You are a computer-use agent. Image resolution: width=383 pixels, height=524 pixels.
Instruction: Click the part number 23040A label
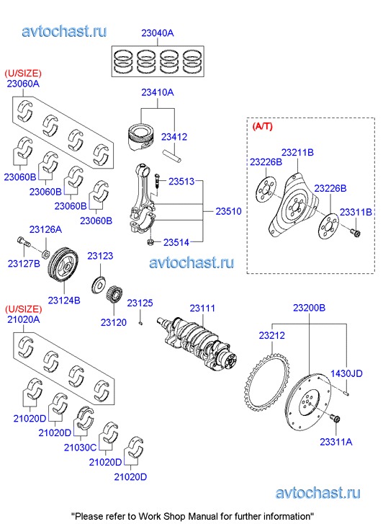point(157,33)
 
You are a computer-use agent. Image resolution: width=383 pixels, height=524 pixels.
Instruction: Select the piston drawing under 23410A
point(141,137)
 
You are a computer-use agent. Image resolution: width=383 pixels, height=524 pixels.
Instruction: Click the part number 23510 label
point(228,211)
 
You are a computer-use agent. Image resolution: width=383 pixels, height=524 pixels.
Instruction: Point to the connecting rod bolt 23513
point(157,182)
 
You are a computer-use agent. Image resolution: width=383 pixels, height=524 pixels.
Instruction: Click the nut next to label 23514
point(150,241)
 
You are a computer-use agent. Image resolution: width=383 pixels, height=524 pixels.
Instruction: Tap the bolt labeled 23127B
point(23,241)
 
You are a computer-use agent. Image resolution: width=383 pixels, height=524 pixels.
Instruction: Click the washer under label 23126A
point(46,252)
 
